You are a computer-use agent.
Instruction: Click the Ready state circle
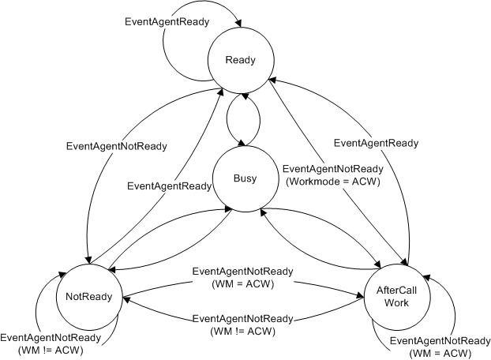(x=238, y=59)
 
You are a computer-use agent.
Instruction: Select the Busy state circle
(x=238, y=178)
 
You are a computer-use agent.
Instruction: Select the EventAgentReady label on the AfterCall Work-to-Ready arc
(x=376, y=143)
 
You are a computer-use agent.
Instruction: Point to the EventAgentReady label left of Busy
(x=170, y=186)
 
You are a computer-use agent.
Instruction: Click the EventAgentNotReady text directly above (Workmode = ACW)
(x=332, y=168)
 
